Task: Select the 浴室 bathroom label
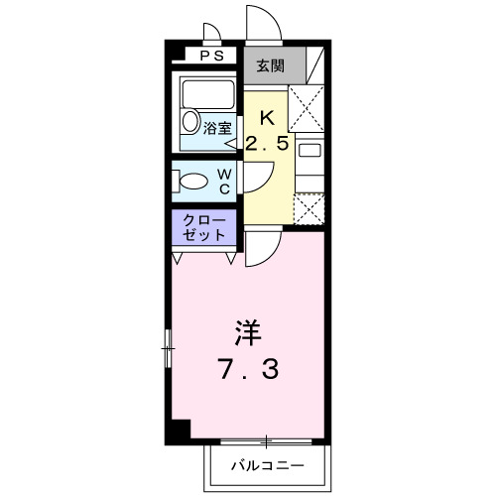click(x=217, y=127)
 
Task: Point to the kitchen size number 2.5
click(x=269, y=145)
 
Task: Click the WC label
click(x=224, y=181)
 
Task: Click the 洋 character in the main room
click(x=248, y=330)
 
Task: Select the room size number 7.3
click(x=248, y=370)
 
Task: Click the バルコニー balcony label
click(x=265, y=463)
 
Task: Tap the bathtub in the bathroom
click(x=205, y=96)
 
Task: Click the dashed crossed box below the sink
click(x=309, y=209)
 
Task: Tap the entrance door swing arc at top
click(x=261, y=25)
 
